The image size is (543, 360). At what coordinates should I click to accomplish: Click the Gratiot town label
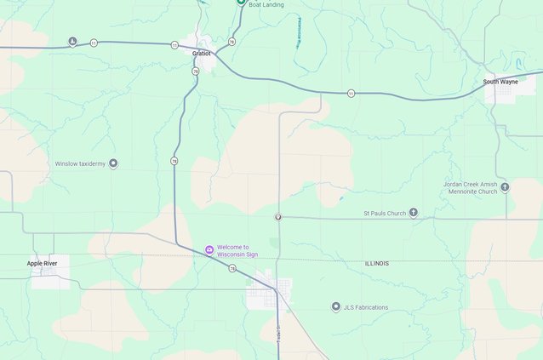[201, 53]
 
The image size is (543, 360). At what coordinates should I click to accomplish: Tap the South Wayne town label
[500, 82]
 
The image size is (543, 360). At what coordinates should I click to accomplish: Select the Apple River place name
[42, 264]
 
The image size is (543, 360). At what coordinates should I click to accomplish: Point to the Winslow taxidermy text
[80, 163]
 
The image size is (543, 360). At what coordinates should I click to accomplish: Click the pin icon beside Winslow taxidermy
[113, 163]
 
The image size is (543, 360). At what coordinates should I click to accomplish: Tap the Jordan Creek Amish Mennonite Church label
[470, 187]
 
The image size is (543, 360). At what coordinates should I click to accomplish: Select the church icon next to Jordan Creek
[505, 187]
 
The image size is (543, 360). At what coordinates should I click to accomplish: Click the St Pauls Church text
[385, 213]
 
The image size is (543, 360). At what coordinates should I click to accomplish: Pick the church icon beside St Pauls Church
[414, 213]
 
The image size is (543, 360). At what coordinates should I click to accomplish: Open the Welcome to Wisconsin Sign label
[234, 250]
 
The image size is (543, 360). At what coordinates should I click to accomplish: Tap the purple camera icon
[209, 249]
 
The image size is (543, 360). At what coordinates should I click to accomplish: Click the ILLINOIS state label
[376, 264]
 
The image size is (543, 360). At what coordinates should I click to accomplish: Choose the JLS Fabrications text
[365, 307]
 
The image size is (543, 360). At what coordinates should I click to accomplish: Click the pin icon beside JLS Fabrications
[335, 307]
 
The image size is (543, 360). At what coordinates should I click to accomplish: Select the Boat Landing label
[266, 5]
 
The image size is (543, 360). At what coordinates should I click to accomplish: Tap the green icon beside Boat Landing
[241, 3]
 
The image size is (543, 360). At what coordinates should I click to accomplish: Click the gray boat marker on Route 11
[72, 42]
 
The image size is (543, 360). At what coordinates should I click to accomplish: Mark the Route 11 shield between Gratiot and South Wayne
[351, 93]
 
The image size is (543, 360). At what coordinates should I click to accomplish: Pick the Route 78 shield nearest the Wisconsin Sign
[231, 268]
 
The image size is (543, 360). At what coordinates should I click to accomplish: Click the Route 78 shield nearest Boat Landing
[231, 41]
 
